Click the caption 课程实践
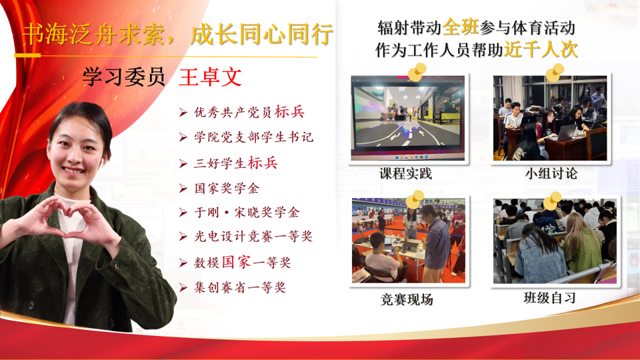[405, 173]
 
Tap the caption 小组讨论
[551, 173]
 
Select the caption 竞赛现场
[407, 299]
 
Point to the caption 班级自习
[550, 297]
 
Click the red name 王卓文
[211, 77]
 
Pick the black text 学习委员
[124, 77]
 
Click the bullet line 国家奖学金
[227, 188]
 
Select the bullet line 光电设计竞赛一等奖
[253, 236]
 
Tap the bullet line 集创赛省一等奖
[240, 287]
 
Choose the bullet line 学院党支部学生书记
[253, 137]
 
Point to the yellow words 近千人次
[541, 49]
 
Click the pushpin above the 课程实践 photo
[417, 72]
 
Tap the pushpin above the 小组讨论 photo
[555, 72]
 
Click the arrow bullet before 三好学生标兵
[183, 164]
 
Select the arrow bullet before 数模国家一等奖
[183, 263]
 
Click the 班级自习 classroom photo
[555, 241]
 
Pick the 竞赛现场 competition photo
[409, 241]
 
